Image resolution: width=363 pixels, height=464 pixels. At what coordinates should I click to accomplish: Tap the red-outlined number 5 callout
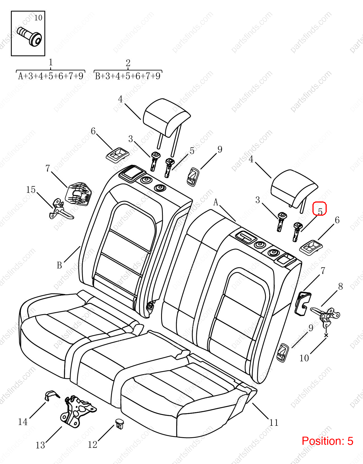(319, 209)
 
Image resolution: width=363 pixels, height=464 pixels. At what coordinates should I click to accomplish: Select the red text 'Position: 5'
(327, 441)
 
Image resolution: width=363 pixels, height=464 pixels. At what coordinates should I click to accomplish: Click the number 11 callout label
(274, 423)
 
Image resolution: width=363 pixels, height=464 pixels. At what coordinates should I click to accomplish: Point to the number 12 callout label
(92, 444)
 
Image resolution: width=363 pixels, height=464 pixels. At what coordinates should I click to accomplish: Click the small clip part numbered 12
(120, 424)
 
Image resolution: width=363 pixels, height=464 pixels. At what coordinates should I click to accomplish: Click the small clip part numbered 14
(51, 395)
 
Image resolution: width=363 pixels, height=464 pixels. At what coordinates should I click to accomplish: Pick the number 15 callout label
(31, 190)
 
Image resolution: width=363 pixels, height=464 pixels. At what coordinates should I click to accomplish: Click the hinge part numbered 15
(61, 210)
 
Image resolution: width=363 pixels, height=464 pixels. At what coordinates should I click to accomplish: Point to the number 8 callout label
(340, 287)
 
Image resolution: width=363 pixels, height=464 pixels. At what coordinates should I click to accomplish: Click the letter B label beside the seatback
(59, 265)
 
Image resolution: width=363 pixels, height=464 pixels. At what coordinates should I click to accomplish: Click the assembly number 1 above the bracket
(51, 62)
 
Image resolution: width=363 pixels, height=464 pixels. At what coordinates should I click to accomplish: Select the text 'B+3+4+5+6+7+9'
(128, 76)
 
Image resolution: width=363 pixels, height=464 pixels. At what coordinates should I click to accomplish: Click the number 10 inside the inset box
(38, 18)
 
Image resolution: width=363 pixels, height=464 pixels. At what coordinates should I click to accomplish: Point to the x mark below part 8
(326, 335)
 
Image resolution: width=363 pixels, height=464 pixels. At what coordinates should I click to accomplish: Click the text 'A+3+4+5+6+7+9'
(51, 76)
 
